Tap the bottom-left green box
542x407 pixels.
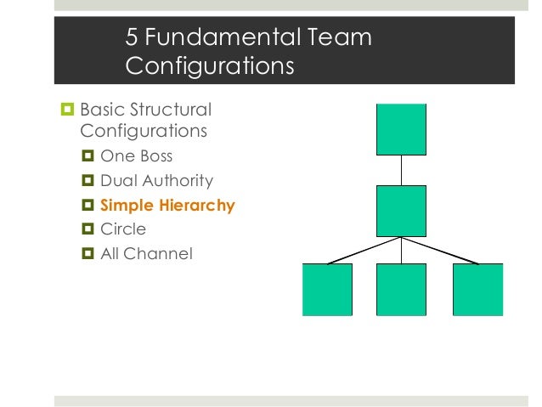(327, 290)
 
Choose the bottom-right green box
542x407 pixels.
(477, 290)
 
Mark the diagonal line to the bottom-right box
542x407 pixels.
(439, 252)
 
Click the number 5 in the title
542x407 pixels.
(132, 37)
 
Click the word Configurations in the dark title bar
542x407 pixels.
(209, 65)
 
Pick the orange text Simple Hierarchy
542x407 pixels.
(167, 205)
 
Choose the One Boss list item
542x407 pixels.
(136, 156)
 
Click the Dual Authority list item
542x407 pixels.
(156, 181)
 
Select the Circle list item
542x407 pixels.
(123, 229)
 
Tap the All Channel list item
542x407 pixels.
(146, 253)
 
